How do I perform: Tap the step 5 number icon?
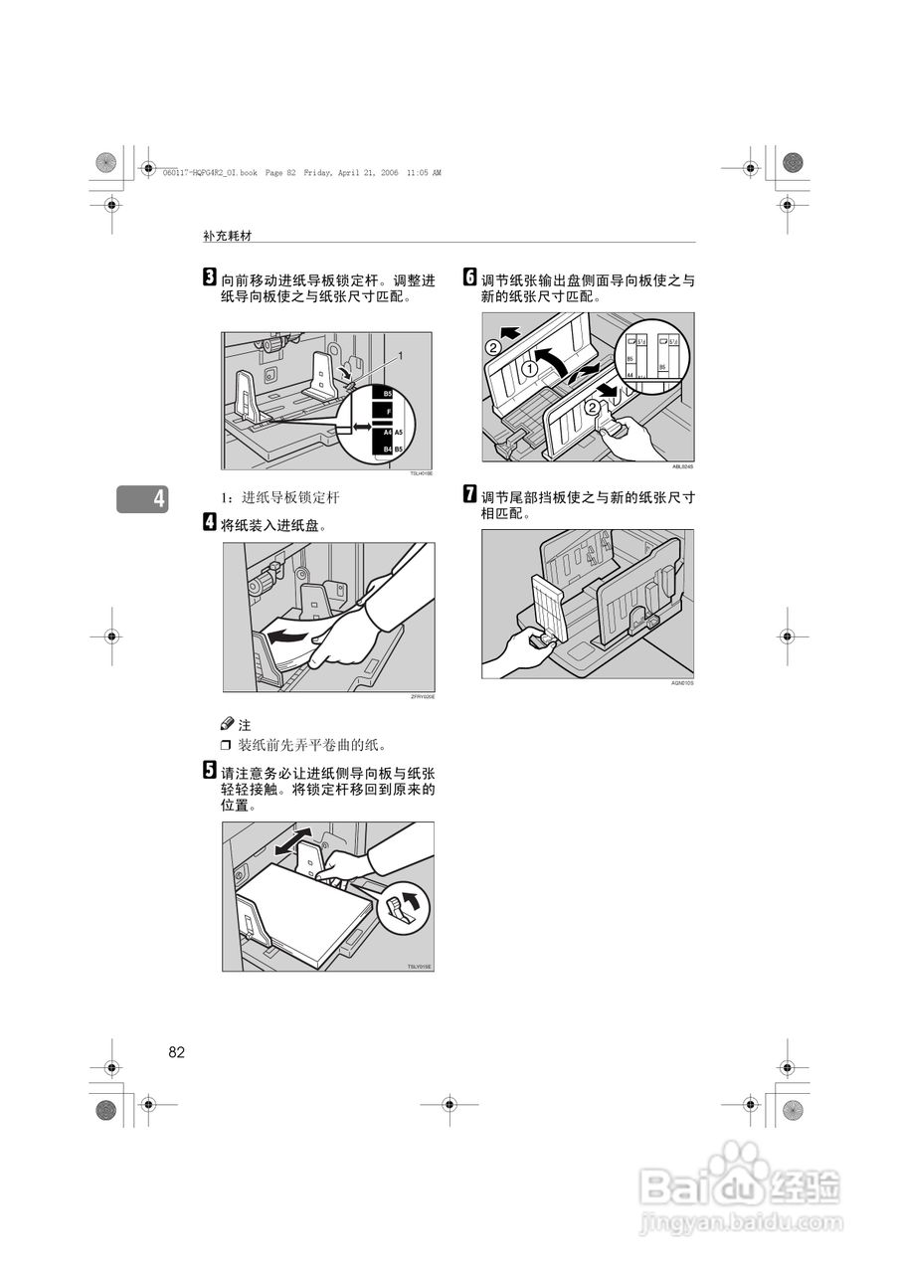tap(210, 769)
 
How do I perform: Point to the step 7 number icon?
tap(470, 494)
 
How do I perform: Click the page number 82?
tap(177, 1052)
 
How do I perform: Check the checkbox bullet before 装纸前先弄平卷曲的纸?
tap(226, 745)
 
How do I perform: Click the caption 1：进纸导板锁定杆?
tap(285, 496)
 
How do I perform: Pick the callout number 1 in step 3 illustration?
tap(400, 354)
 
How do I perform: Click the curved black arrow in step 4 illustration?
tap(294, 636)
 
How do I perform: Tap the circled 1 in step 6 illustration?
tap(531, 368)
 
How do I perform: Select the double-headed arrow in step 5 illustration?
tap(292, 841)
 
